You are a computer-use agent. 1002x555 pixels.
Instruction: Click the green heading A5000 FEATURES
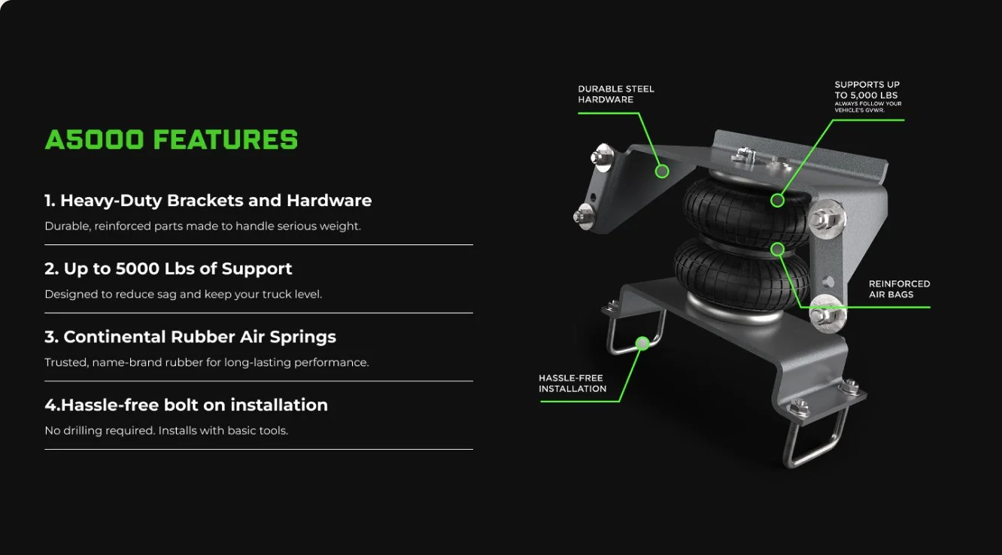click(x=172, y=140)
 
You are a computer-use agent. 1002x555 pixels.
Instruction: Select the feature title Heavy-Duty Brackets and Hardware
click(x=216, y=200)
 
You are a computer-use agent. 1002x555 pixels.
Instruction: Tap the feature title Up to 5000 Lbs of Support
click(x=178, y=268)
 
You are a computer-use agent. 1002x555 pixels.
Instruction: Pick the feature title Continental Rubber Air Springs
click(x=199, y=337)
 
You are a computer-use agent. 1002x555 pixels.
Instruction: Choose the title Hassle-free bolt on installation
click(x=194, y=405)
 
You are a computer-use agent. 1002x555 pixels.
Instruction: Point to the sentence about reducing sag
click(x=184, y=294)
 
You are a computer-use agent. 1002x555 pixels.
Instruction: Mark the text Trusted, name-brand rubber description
click(x=207, y=362)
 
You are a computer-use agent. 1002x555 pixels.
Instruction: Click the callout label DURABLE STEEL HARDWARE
click(x=616, y=94)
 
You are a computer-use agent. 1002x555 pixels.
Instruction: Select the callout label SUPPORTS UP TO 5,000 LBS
click(x=867, y=90)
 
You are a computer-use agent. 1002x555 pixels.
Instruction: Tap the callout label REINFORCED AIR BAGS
click(x=899, y=289)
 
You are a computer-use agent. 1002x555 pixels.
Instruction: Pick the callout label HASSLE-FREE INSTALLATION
click(x=572, y=384)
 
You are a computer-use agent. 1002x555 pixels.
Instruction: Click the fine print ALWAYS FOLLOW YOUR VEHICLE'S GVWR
click(x=868, y=107)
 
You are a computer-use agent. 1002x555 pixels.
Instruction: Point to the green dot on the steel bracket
click(x=662, y=171)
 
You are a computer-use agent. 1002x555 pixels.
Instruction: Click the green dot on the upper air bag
click(x=777, y=200)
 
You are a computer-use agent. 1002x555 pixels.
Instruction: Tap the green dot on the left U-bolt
click(x=642, y=343)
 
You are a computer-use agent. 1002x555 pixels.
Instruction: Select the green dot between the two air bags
click(x=777, y=249)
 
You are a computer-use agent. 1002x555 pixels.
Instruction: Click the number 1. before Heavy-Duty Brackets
click(x=50, y=200)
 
